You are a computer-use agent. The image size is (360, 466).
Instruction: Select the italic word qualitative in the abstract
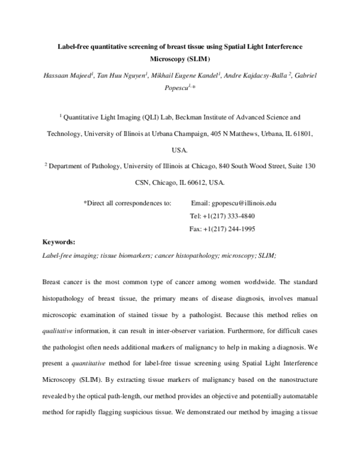pyautogui.click(x=59, y=329)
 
